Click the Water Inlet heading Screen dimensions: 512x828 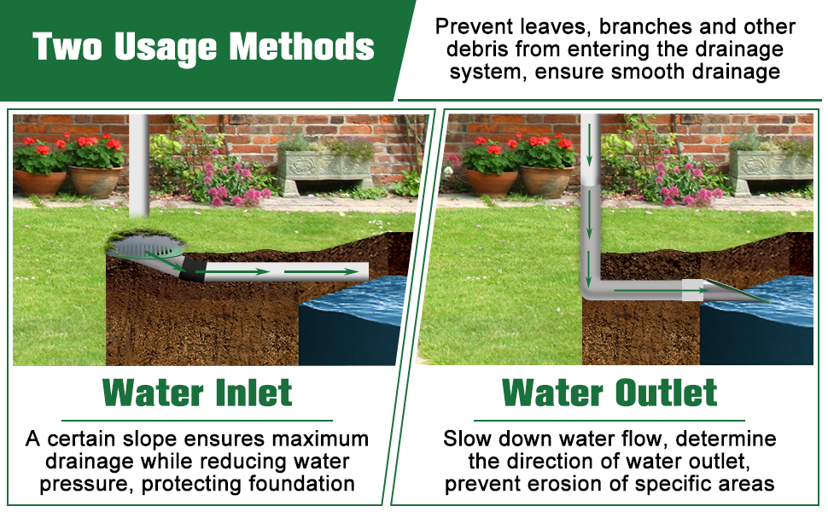click(197, 393)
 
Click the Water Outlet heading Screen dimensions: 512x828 click(609, 393)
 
